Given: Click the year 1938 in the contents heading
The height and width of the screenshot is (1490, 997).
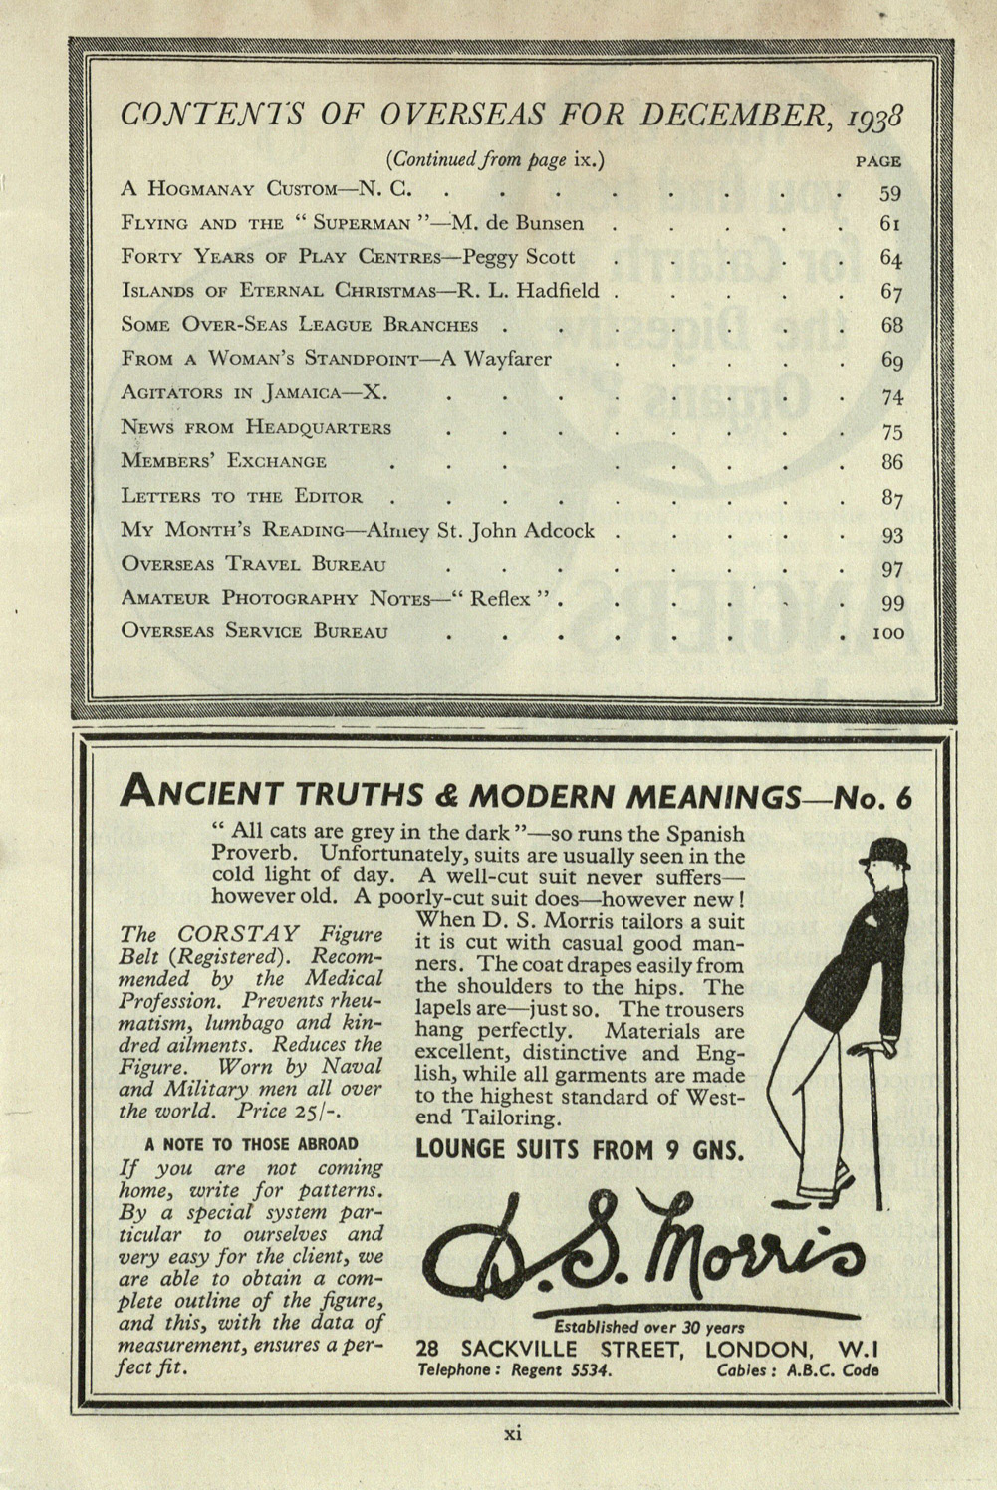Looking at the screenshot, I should click(882, 118).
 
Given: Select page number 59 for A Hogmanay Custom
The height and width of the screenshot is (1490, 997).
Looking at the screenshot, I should click(890, 193).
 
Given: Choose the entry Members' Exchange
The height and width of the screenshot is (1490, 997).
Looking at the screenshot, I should click(223, 461).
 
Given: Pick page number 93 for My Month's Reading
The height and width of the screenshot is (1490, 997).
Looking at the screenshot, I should click(891, 535).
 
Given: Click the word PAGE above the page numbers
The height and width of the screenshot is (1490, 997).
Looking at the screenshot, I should click(878, 160).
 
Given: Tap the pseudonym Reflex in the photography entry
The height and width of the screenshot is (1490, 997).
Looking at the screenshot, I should click(502, 599).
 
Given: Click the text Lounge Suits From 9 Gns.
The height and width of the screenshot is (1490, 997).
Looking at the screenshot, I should click(580, 1150).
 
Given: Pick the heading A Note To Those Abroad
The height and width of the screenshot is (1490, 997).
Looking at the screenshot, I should click(251, 1144).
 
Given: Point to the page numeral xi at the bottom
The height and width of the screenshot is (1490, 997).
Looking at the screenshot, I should click(512, 1434).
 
